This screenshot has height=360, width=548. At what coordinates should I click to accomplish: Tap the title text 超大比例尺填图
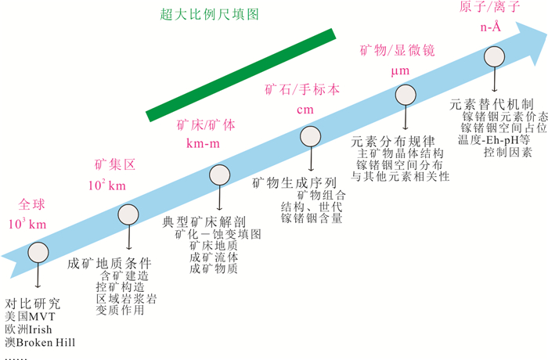pos(211,14)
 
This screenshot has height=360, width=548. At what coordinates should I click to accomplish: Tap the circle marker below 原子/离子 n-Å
pos(494,57)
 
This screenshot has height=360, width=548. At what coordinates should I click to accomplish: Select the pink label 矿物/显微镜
pos(397,49)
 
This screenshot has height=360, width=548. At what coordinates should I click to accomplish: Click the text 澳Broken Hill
pos(43,342)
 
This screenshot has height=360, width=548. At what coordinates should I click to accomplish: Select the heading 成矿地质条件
pos(110,262)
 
